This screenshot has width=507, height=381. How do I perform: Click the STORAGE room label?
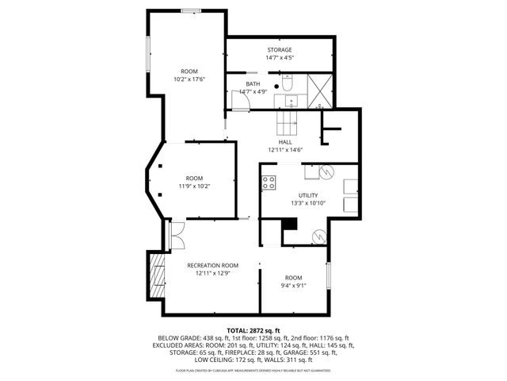pyautogui.click(x=278, y=50)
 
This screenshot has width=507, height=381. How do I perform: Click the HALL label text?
pyautogui.click(x=285, y=142)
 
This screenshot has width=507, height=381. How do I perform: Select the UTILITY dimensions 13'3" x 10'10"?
pyautogui.click(x=308, y=203)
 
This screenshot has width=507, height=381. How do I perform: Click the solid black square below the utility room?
pyautogui.click(x=289, y=225)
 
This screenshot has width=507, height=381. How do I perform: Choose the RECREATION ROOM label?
pyautogui.click(x=212, y=265)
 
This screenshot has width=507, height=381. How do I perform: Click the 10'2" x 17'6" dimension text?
pyautogui.click(x=189, y=79)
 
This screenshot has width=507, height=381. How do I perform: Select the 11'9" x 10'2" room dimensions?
pyautogui.click(x=194, y=187)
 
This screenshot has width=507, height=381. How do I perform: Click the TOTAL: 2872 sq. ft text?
pyautogui.click(x=253, y=331)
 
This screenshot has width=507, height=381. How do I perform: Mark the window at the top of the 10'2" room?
pyautogui.click(x=191, y=10)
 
